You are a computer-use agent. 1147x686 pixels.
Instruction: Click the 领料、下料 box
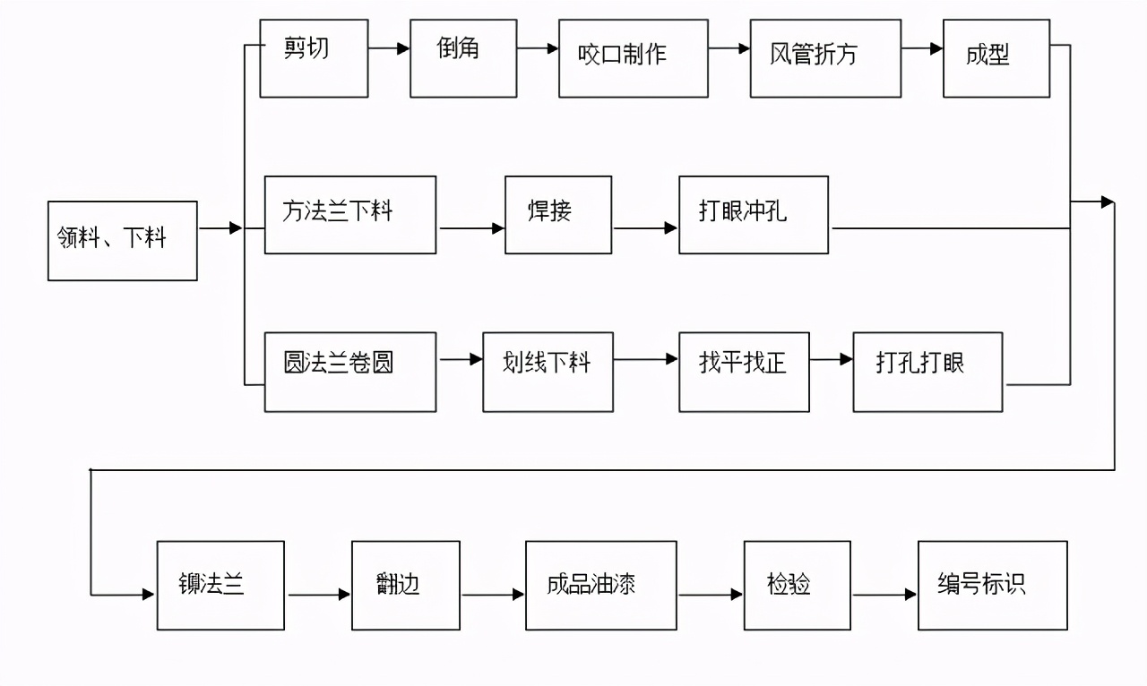(122, 240)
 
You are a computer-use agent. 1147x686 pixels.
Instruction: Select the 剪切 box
(314, 58)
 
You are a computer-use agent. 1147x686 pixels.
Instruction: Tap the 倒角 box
(462, 58)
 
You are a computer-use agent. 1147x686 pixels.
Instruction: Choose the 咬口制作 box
(623, 58)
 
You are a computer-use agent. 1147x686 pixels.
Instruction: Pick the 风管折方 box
(824, 58)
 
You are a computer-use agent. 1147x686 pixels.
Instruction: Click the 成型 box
(996, 58)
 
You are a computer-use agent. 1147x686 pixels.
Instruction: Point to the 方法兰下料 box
(350, 215)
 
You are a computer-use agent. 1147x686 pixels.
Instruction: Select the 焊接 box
(558, 215)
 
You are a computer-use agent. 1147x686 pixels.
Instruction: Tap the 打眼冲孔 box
(753, 215)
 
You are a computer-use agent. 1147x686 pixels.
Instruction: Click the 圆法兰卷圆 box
(350, 372)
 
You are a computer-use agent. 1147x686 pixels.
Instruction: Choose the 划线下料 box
(548, 372)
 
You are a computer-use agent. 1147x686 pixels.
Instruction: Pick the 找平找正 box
(744, 372)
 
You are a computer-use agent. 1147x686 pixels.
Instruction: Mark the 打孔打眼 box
(927, 372)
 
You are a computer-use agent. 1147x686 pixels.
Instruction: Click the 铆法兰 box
(220, 585)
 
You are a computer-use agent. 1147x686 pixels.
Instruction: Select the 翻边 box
(405, 585)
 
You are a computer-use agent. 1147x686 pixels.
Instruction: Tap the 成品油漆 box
(600, 585)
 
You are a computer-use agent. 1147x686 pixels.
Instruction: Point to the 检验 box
(797, 585)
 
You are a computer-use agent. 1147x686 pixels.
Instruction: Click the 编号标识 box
(992, 585)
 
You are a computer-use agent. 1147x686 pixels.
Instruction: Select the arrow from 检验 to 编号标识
(884, 595)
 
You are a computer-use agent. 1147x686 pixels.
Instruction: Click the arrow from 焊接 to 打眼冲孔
(645, 228)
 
